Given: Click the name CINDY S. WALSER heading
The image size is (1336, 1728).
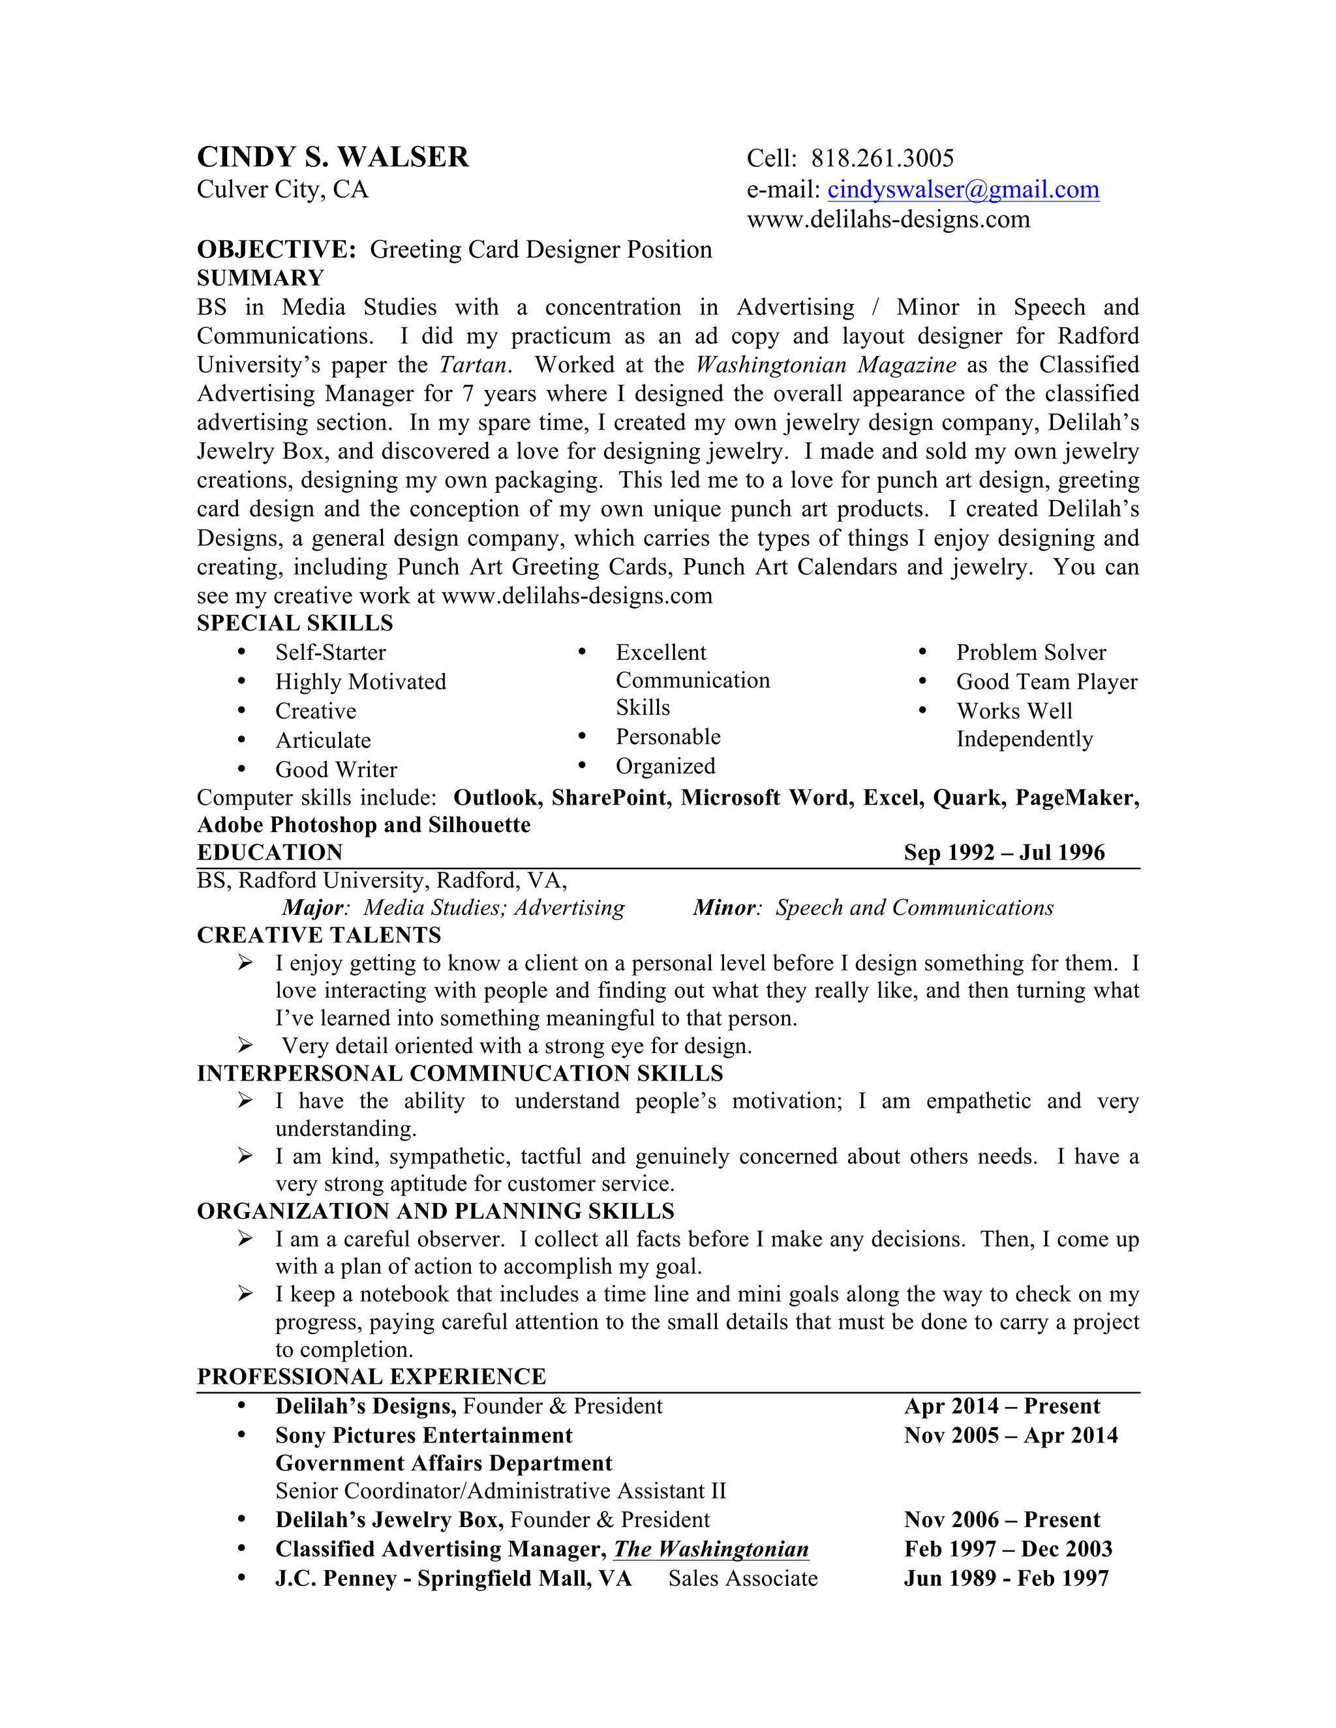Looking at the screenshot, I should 333,157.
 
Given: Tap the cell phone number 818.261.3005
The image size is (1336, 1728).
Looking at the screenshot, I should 882,158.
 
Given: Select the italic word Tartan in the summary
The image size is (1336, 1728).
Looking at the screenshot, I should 474,365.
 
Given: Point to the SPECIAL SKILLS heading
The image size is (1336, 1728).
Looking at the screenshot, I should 294,623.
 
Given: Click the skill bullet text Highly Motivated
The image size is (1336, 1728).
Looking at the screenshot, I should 360,682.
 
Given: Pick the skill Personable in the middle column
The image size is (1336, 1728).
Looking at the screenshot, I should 668,737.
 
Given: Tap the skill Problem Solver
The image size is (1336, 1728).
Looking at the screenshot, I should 1031,653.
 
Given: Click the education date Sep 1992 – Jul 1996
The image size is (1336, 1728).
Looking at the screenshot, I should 1003,853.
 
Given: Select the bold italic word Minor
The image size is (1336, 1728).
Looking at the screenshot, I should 724,908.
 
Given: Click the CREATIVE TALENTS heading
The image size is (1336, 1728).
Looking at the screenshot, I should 318,935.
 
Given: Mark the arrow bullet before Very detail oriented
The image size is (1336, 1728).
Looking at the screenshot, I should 245,1046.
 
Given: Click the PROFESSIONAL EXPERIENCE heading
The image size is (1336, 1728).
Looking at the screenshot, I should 371,1377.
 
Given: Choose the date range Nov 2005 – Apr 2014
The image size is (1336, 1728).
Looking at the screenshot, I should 1010,1436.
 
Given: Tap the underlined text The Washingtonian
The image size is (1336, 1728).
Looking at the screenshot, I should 711,1549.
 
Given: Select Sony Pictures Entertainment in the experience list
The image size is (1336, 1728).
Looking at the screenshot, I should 423,1436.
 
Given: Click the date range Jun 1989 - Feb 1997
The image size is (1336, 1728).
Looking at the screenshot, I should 1005,1579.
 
